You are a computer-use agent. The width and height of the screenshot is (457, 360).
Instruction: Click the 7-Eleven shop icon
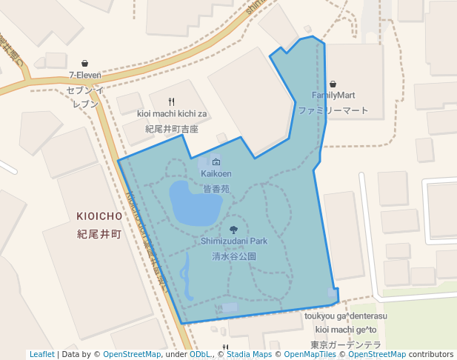[86, 63]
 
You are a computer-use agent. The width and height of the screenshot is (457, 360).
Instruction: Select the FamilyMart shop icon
[333, 84]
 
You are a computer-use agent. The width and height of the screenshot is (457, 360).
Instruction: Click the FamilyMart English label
[333, 95]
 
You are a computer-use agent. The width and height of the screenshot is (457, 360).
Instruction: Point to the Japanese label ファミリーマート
[333, 110]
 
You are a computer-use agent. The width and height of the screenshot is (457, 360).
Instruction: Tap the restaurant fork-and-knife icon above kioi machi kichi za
[172, 101]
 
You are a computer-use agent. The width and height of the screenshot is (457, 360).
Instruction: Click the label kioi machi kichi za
[172, 113]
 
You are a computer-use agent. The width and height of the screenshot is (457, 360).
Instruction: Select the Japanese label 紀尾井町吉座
[172, 129]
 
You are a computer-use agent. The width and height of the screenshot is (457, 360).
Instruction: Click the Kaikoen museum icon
[216, 162]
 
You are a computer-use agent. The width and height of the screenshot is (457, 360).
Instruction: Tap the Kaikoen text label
[216, 173]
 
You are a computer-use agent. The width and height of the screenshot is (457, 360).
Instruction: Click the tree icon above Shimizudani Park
[234, 230]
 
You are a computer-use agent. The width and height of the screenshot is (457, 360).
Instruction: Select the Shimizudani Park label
[234, 241]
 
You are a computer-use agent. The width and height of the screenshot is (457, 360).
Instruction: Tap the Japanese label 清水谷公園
[234, 256]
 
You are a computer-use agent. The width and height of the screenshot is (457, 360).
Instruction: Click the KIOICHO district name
[99, 216]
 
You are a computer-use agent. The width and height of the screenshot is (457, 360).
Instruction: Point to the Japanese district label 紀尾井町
[99, 233]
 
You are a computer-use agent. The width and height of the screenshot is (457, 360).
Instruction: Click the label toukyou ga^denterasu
[346, 316]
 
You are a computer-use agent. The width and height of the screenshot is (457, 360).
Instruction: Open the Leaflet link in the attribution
[41, 354]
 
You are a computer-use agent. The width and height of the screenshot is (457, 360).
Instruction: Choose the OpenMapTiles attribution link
[310, 354]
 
